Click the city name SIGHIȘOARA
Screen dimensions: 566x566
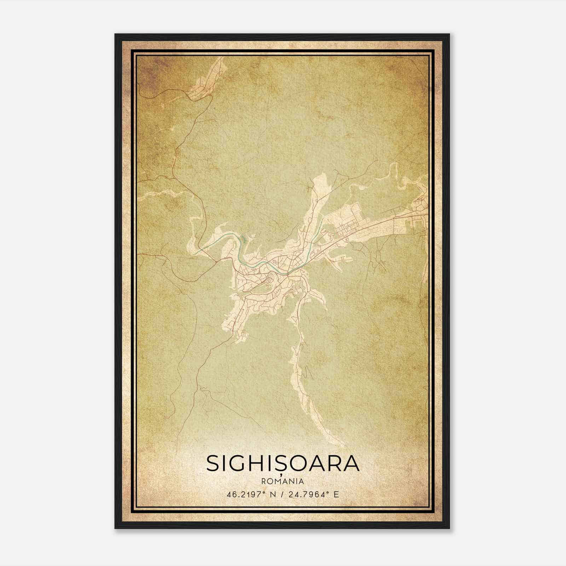tap(283, 464)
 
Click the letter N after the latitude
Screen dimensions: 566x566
tap(272, 494)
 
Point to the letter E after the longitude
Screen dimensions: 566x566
tap(336, 494)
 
